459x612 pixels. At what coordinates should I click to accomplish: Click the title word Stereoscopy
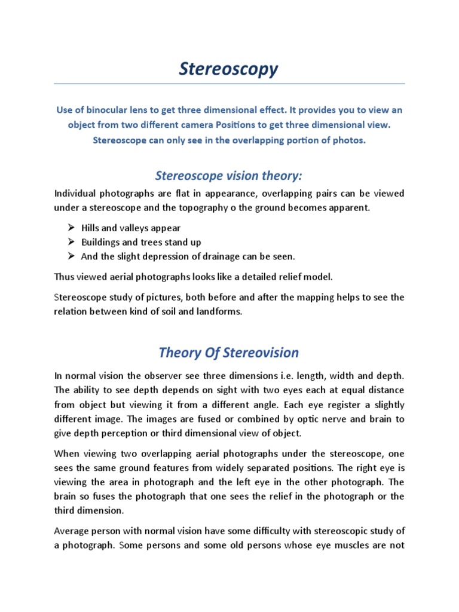pos(229,69)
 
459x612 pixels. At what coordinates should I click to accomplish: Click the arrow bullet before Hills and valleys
pos(70,228)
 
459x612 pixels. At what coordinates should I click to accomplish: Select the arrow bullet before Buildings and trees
pos(70,242)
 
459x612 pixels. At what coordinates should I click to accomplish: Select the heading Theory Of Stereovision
pos(229,352)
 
